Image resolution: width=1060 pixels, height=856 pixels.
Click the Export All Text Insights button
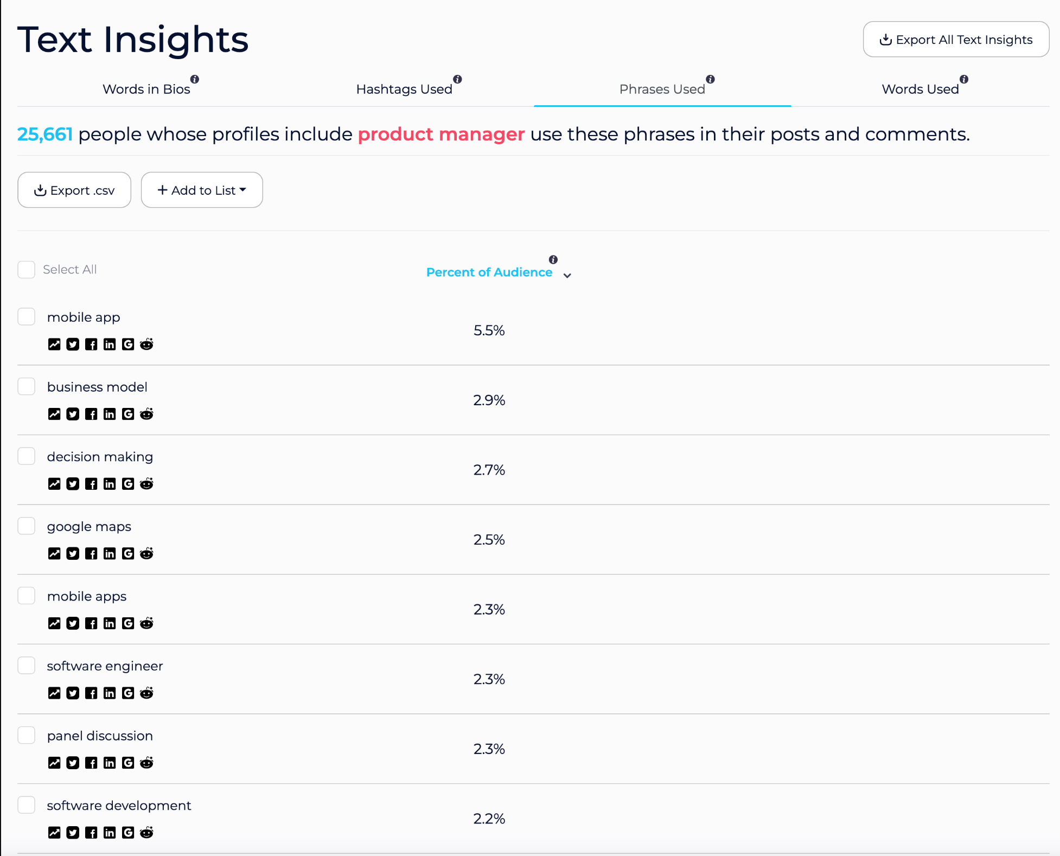[x=956, y=40]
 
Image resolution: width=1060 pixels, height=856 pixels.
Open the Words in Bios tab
[x=146, y=89]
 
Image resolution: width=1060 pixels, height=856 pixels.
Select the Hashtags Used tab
[x=404, y=89]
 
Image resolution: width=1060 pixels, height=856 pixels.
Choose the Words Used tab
[x=920, y=89]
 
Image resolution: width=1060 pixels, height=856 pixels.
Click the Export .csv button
[x=74, y=190]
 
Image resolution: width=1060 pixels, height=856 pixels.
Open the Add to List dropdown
[x=202, y=190]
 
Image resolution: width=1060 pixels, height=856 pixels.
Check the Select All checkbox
[x=27, y=270]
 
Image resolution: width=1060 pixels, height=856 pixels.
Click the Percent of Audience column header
[x=489, y=272]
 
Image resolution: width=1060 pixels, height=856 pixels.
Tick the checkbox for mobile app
[x=27, y=317]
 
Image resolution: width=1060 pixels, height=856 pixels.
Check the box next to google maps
[x=27, y=526]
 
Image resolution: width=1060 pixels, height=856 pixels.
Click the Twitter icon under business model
[x=73, y=414]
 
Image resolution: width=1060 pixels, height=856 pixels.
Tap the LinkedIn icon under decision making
[x=110, y=484]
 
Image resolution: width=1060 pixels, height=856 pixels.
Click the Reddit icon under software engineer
[x=146, y=693]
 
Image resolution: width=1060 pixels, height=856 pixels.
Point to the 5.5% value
[x=489, y=330]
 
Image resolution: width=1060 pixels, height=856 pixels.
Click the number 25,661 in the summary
[x=45, y=134]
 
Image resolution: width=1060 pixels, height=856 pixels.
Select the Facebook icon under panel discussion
[x=91, y=763]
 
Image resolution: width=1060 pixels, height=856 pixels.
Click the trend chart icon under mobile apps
[x=54, y=623]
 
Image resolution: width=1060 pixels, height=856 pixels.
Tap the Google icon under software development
[x=128, y=833]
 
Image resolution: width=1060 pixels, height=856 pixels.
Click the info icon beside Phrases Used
[x=710, y=79]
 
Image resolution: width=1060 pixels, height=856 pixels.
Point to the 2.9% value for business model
[x=489, y=400]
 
